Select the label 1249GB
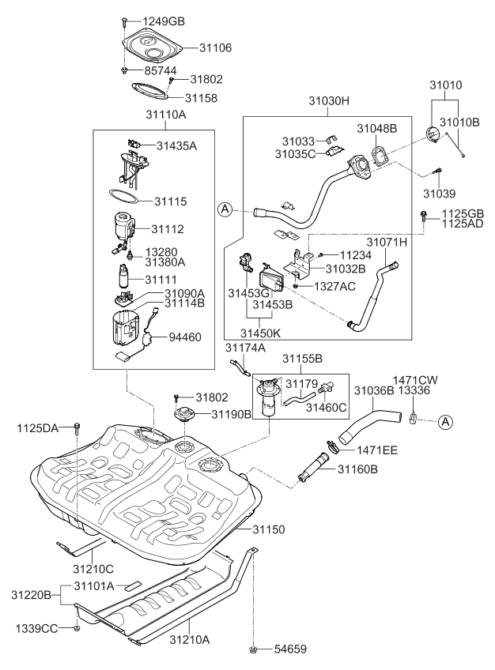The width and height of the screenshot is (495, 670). pyautogui.click(x=164, y=20)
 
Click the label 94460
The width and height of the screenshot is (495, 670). pyautogui.click(x=186, y=337)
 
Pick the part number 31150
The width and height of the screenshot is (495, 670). pyautogui.click(x=270, y=528)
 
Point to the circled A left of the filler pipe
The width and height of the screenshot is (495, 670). pyautogui.click(x=226, y=209)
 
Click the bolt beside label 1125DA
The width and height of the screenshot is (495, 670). pyautogui.click(x=77, y=428)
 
